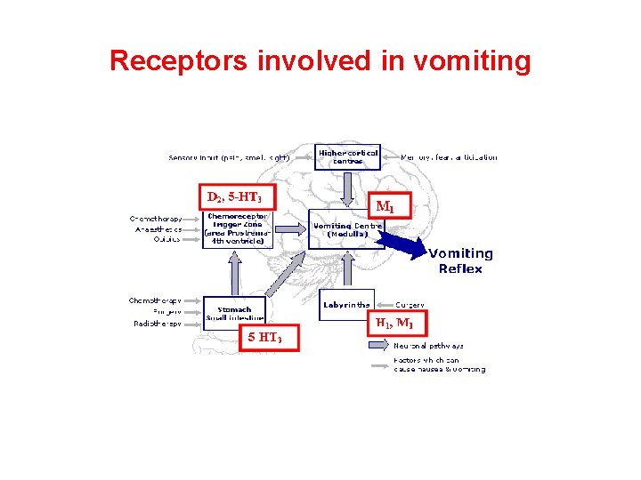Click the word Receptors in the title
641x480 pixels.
pyautogui.click(x=179, y=61)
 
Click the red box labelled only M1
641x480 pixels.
pyautogui.click(x=385, y=206)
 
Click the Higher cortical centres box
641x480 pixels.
pyautogui.click(x=348, y=158)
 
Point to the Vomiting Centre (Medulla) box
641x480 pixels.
pyautogui.click(x=347, y=230)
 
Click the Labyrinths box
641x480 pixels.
pyautogui.click(x=346, y=305)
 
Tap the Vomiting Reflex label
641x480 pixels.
pyautogui.click(x=459, y=260)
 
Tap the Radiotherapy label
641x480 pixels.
pyautogui.click(x=157, y=324)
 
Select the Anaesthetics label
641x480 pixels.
pyautogui.click(x=157, y=228)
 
